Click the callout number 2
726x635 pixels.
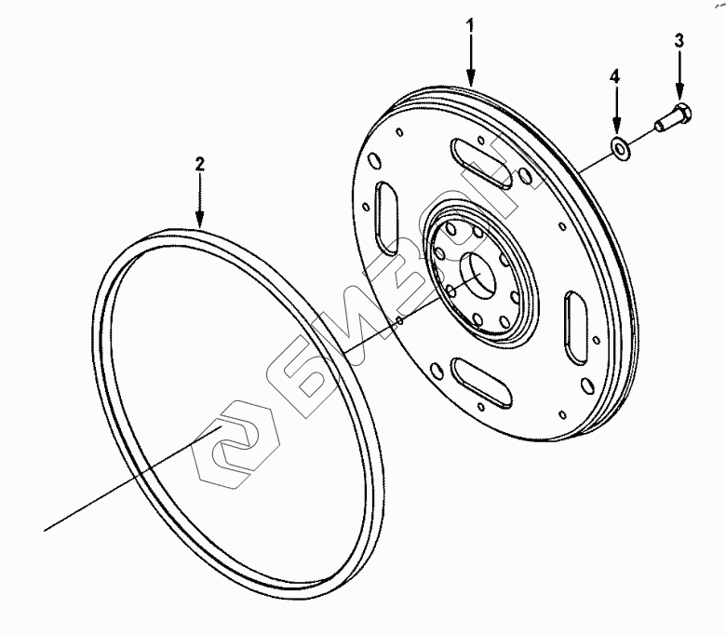(199, 164)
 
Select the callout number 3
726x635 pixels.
(679, 41)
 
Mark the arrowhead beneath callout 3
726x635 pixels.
(679, 94)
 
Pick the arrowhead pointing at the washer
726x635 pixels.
(616, 128)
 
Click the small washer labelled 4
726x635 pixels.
(618, 147)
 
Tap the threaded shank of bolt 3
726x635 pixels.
(660, 128)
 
